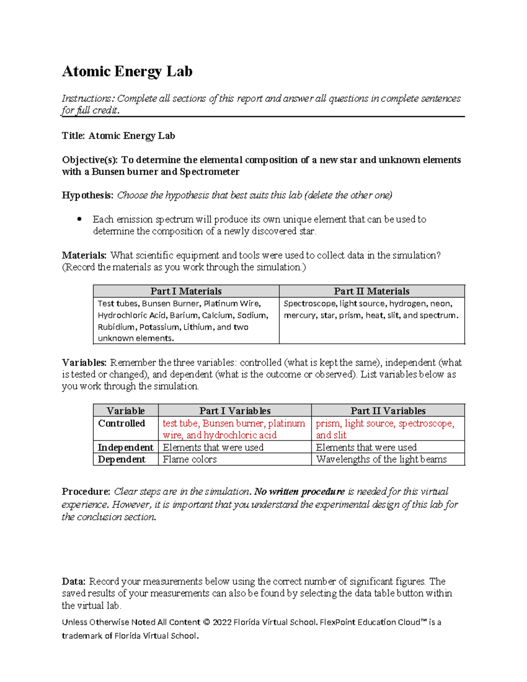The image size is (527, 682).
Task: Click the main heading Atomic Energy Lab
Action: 127,71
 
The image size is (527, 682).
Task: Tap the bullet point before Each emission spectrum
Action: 79,219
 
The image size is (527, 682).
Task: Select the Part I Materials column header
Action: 186,291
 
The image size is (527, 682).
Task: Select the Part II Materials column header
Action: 372,291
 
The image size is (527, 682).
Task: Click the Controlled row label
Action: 122,423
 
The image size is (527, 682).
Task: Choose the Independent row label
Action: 125,447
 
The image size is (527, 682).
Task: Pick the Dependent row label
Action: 122,459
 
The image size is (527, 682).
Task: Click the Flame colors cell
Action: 190,459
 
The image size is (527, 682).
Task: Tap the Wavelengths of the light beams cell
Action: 381,459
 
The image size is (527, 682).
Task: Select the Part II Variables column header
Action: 388,411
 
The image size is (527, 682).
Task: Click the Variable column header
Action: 126,411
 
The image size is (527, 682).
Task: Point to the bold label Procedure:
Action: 86,491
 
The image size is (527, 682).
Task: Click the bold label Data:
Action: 74,581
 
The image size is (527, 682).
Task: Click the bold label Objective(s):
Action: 90,160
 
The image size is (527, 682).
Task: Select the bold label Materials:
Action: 84,255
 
